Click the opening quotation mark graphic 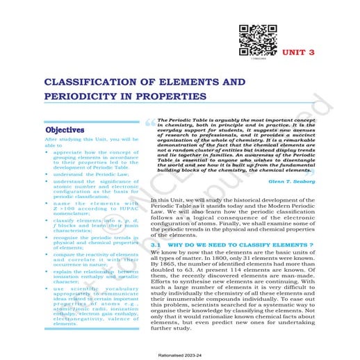coord(150,124)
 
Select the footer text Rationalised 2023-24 coord(180,354)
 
